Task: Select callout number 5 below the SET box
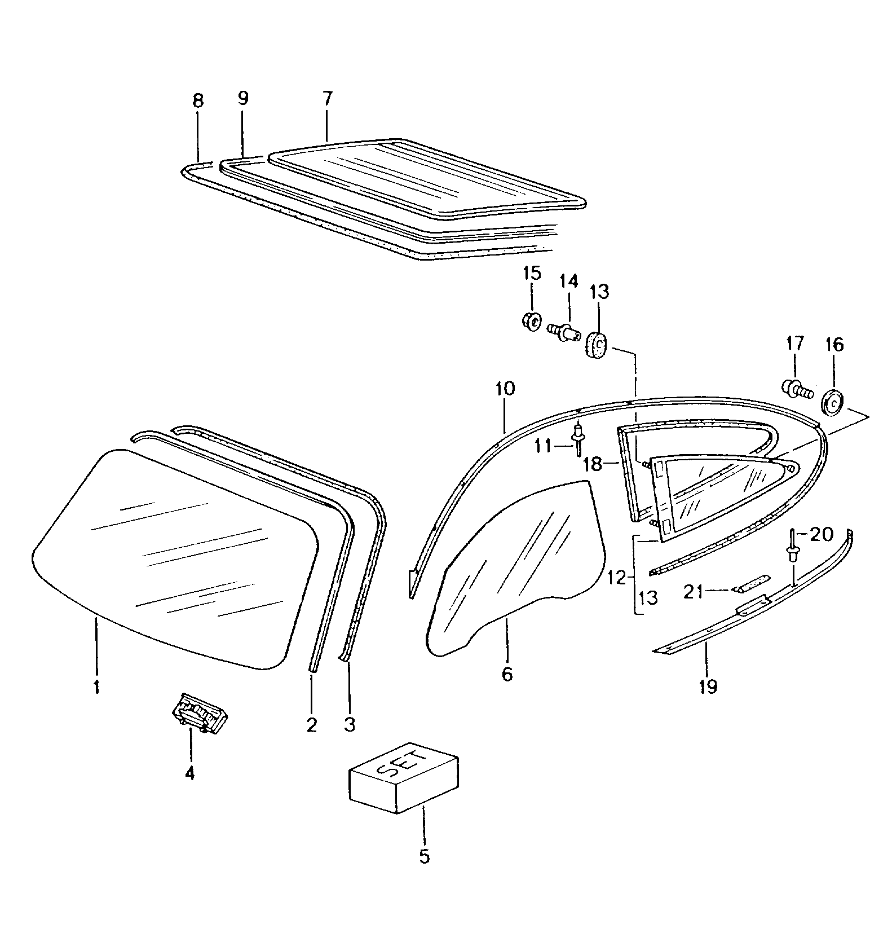[x=424, y=856]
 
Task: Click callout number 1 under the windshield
[x=96, y=686]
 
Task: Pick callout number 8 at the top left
[x=197, y=102]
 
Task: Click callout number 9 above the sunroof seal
[x=242, y=99]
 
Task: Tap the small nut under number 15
[x=530, y=322]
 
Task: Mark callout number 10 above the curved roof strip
[x=505, y=389]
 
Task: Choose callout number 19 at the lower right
[x=708, y=686]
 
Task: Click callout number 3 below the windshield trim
[x=349, y=724]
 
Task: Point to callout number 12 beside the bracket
[x=617, y=578]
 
